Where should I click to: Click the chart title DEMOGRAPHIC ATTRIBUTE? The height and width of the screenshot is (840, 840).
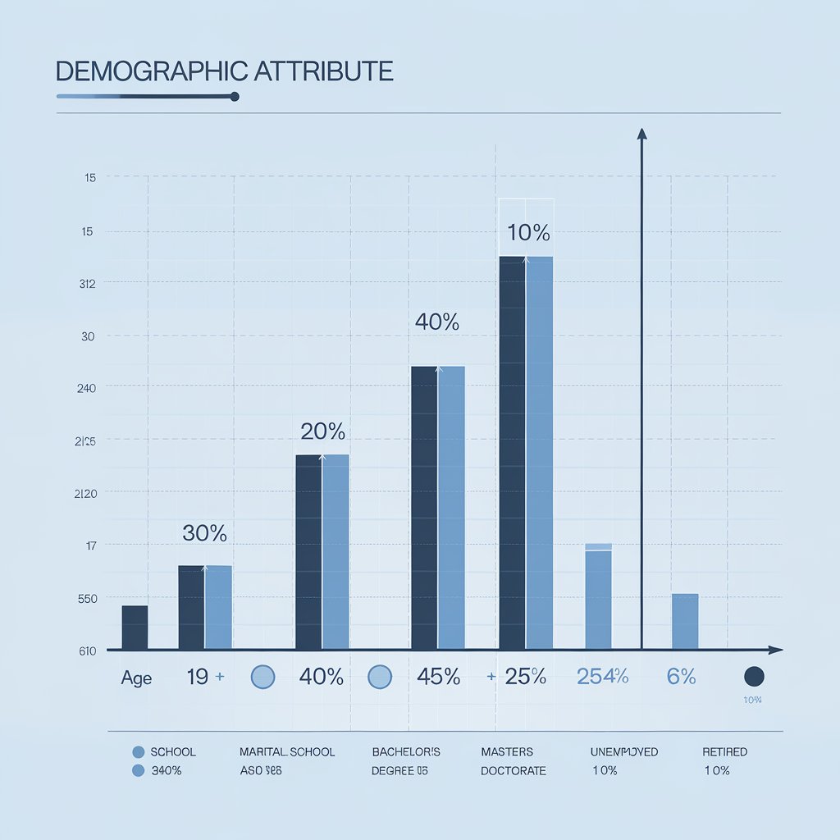click(224, 71)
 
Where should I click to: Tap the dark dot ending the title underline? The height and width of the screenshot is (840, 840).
click(235, 97)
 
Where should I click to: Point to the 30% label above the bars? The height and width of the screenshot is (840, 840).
click(204, 533)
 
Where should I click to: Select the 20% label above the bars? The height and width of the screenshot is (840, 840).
click(322, 431)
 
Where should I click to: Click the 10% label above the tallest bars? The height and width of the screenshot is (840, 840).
click(528, 233)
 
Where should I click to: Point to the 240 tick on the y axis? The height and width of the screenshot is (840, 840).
click(86, 389)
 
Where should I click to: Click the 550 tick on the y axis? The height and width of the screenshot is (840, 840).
click(87, 599)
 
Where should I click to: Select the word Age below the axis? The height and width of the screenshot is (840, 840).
click(136, 678)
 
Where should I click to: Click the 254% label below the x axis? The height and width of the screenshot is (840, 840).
click(602, 677)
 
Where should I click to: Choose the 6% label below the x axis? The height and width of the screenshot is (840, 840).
click(681, 677)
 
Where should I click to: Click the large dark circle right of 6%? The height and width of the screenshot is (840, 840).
click(753, 677)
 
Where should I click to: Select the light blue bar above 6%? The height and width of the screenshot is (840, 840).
click(685, 621)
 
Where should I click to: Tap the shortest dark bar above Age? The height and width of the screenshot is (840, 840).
click(135, 628)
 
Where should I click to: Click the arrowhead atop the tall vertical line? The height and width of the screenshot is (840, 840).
click(641, 134)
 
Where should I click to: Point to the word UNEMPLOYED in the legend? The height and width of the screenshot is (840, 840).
click(623, 752)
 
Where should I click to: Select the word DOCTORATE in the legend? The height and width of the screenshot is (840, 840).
click(513, 771)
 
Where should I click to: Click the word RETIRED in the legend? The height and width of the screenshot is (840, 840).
click(724, 752)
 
